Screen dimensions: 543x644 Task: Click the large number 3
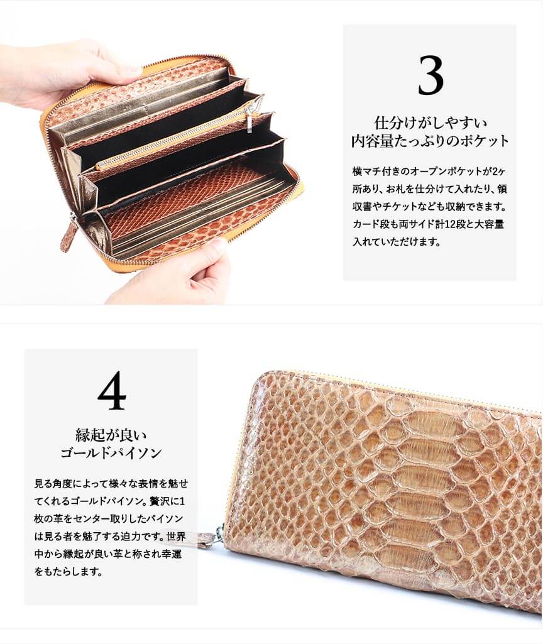(x=431, y=75)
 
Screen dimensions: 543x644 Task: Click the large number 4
(x=112, y=390)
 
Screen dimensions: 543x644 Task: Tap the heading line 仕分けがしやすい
(x=430, y=123)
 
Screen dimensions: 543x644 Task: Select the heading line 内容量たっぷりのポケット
(x=430, y=141)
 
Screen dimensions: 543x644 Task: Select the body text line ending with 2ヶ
(x=430, y=171)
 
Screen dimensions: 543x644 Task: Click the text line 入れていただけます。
(x=397, y=241)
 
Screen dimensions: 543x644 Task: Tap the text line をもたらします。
(x=68, y=571)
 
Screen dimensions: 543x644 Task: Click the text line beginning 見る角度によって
(x=111, y=483)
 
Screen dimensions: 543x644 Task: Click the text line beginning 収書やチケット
(x=430, y=206)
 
